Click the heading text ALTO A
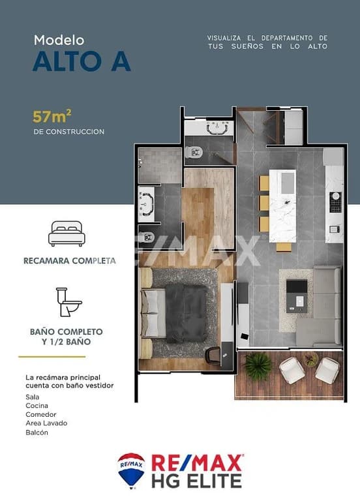point(82,61)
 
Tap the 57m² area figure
point(52,117)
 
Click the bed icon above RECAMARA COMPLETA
point(67,234)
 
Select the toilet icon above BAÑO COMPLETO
point(69,302)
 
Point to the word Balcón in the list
point(37,433)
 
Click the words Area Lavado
point(46,423)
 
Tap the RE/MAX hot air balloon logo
point(131,470)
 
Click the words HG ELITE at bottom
point(196,481)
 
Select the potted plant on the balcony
point(258,366)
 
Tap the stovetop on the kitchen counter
point(335,202)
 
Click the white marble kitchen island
point(282,205)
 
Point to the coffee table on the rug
point(297,296)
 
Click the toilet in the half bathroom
point(194,152)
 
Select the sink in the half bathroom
point(217,128)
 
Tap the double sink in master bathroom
point(147,204)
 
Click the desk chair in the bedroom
point(213,355)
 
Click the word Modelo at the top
point(59,40)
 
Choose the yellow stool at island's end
point(284,247)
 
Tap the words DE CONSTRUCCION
point(69,132)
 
